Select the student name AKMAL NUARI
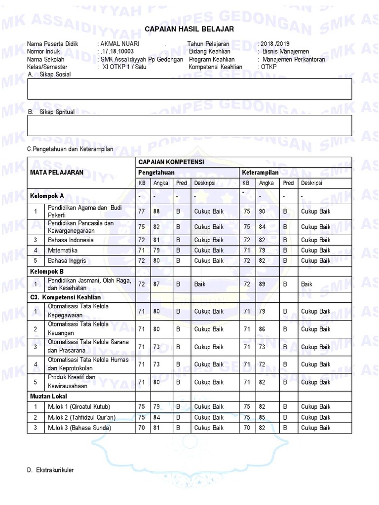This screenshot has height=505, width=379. pos(120,44)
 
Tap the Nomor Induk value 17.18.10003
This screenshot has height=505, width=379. pos(117,51)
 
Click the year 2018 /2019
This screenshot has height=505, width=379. pos(275,44)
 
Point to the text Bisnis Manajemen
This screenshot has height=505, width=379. pos(286,51)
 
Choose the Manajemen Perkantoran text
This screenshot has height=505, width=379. pos(294,59)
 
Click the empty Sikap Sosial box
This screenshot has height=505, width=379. pos(190,89)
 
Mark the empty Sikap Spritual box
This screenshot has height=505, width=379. pos(190,125)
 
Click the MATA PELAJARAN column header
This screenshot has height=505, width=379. pos(57,172)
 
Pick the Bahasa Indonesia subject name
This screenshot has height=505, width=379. pos(71,240)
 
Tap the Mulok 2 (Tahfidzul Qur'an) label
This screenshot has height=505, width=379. pos(81,417)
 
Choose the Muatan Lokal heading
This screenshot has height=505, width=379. pos(48,396)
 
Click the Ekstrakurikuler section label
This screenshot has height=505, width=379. pos(51,470)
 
